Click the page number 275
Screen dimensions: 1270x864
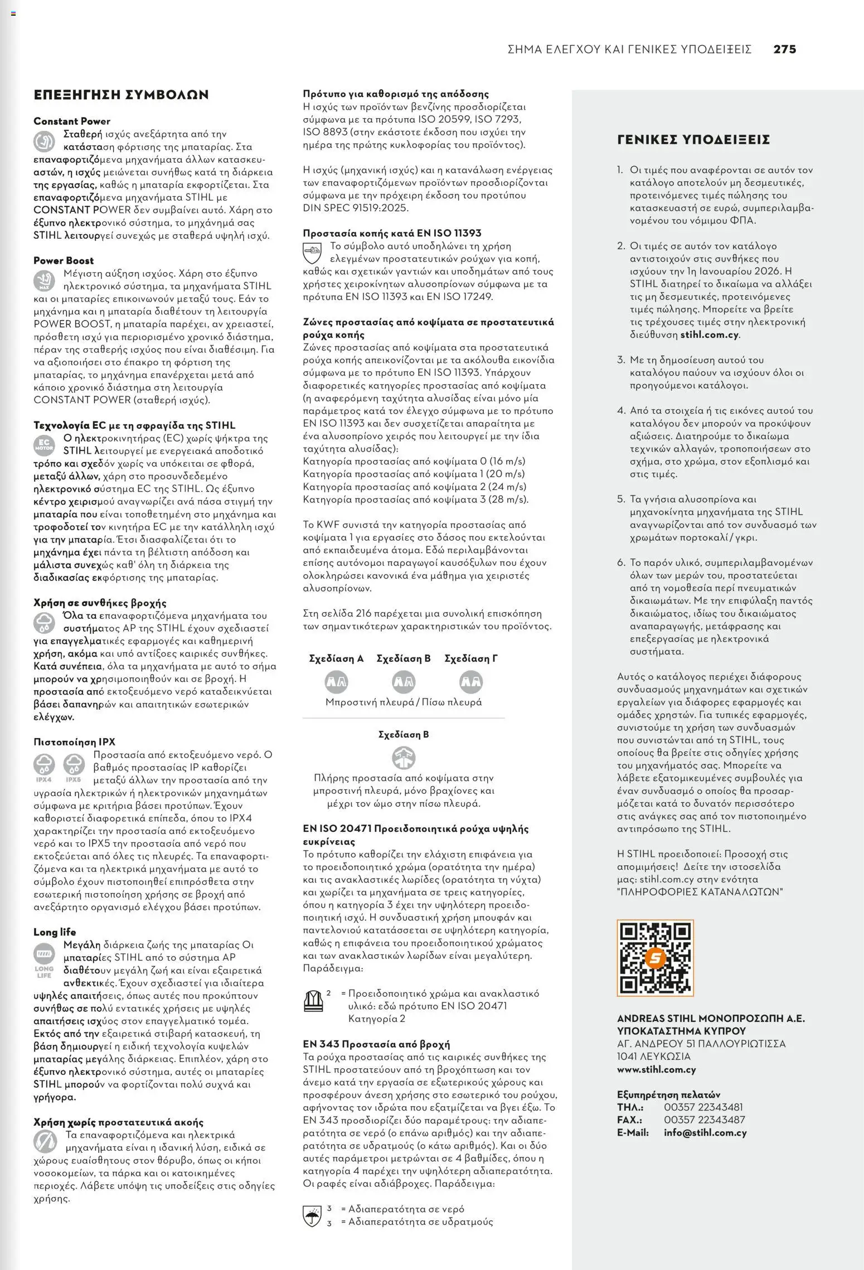[784, 49]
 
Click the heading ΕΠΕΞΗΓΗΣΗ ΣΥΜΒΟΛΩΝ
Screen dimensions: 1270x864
[121, 94]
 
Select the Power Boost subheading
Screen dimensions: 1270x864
[64, 260]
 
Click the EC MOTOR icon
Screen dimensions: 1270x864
[43, 445]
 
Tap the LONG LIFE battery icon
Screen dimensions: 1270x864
[43, 957]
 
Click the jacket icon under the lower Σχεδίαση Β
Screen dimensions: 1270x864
[404, 757]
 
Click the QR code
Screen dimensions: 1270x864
[655, 958]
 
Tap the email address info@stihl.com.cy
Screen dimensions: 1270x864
[705, 1132]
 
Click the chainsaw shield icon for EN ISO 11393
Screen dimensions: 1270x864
[312, 253]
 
